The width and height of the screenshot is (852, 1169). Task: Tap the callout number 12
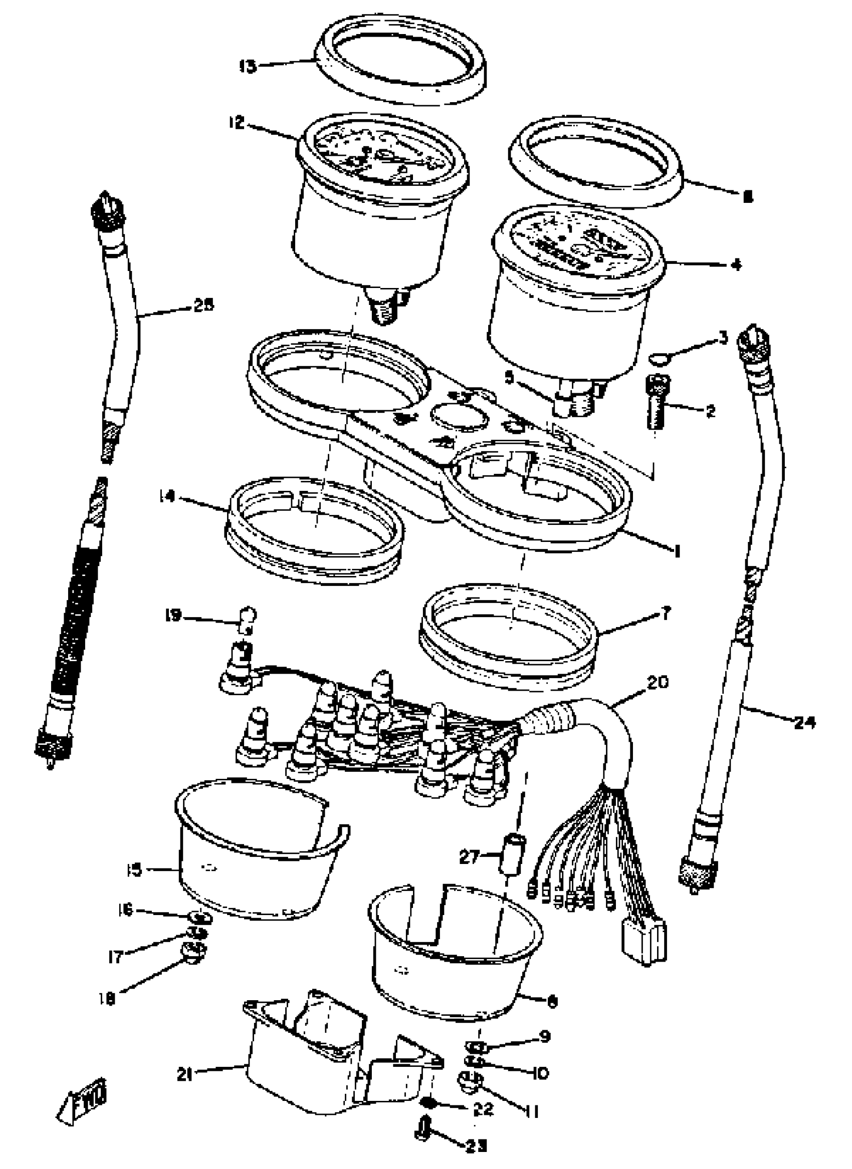[237, 123]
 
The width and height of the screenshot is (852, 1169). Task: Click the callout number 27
[469, 857]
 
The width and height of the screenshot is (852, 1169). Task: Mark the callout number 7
[666, 614]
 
